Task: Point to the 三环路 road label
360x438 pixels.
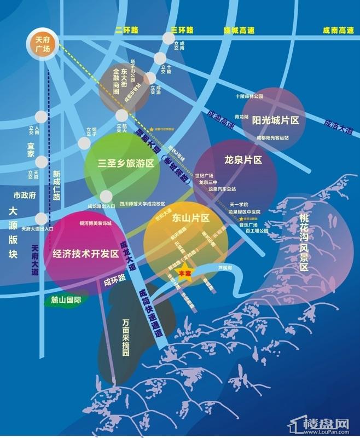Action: [x=182, y=30]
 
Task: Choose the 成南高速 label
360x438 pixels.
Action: [x=337, y=31]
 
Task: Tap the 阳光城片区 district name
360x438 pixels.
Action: [x=275, y=120]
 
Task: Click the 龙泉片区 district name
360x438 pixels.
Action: [x=244, y=160]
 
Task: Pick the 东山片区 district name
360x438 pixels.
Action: [x=191, y=218]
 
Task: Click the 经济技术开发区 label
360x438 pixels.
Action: [x=86, y=254]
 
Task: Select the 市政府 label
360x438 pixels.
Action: [x=24, y=195]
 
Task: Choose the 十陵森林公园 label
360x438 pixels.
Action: [x=249, y=96]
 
